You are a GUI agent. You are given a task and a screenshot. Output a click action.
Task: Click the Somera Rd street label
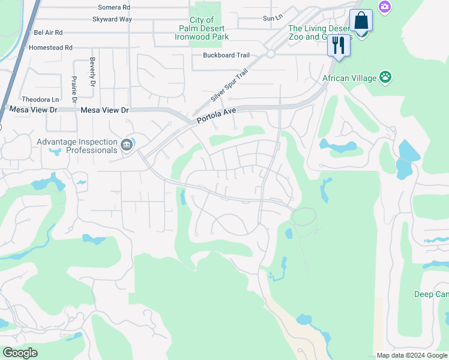113,8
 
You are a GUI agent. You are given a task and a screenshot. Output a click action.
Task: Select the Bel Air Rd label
48,32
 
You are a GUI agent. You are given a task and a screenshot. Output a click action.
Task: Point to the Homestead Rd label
50,47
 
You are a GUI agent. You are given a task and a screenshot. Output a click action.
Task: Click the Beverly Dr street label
93,72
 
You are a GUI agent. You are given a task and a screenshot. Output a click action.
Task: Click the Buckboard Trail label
226,55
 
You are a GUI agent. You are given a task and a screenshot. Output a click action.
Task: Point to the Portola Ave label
217,115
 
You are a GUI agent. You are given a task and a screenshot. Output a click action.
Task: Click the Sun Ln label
272,19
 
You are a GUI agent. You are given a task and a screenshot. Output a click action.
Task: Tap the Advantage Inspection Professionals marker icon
127,144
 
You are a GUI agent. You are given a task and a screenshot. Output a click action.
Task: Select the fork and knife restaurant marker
339,46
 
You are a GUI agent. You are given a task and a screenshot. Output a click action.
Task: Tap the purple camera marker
383,6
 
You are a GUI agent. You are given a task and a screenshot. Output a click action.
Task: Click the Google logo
20,353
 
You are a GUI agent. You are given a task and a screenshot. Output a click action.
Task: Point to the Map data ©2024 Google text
412,355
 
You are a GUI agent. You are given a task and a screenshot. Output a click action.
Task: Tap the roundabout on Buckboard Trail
271,54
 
